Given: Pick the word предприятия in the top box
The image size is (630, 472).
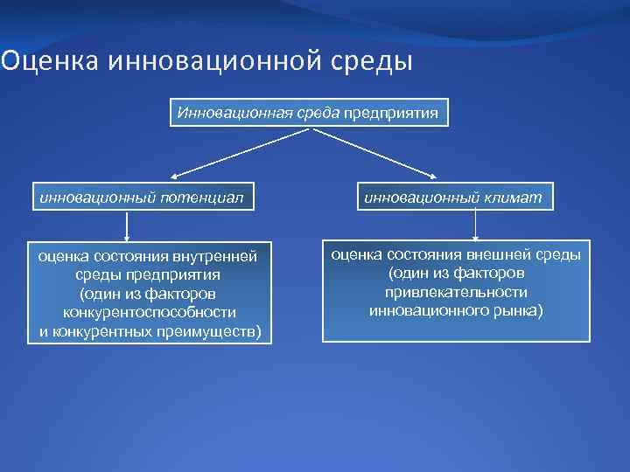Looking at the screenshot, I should [390, 113].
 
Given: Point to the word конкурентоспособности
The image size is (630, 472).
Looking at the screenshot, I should [149, 312].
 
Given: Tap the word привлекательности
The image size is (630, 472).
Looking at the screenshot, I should [455, 292].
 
